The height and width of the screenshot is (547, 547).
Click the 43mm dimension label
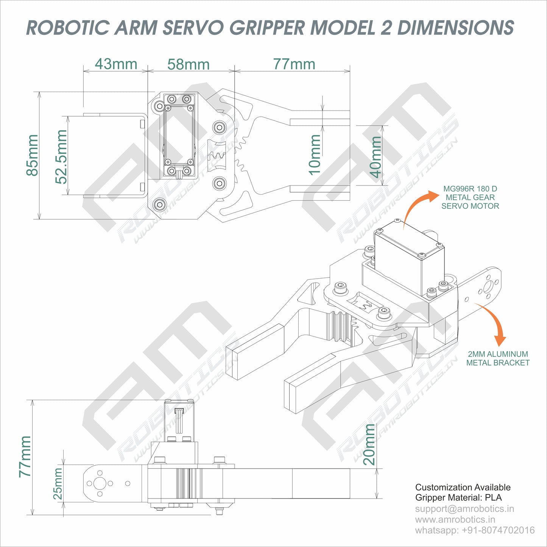(x=116, y=64)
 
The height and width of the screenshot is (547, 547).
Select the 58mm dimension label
(x=189, y=64)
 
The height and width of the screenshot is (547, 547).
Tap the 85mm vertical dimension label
(x=33, y=155)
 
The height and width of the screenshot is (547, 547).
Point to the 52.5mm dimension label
(x=61, y=156)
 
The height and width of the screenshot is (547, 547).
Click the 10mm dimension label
(x=315, y=155)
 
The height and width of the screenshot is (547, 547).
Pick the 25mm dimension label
(x=58, y=484)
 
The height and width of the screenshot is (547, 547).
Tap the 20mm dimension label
(x=369, y=444)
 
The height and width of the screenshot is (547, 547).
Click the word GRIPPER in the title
(x=267, y=28)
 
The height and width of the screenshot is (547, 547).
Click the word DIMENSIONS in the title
(x=455, y=28)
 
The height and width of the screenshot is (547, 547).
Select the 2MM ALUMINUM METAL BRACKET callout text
(x=498, y=358)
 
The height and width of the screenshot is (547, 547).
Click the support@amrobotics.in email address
(x=464, y=509)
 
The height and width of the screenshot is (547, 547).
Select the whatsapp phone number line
(x=475, y=530)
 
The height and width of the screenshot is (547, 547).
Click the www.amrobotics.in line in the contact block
(x=455, y=520)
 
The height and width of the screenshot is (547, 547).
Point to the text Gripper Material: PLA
(x=458, y=498)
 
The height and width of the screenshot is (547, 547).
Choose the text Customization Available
(x=463, y=487)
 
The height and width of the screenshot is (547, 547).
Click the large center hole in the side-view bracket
(x=100, y=483)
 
